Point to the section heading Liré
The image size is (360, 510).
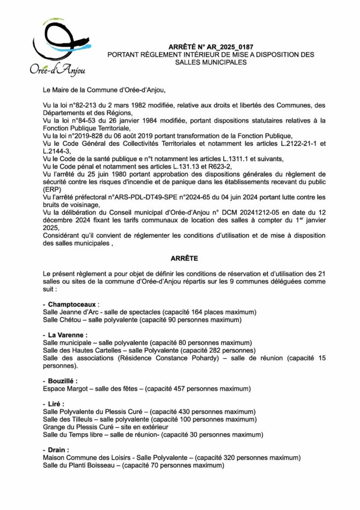(56, 403)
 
